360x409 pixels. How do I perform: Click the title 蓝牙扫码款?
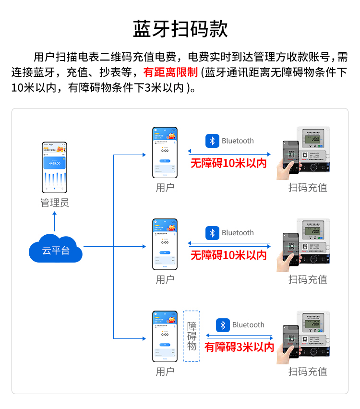pyautogui.click(x=180, y=29)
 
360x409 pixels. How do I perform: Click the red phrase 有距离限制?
pyautogui.click(x=170, y=72)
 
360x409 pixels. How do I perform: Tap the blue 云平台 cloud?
pyautogui.click(x=55, y=249)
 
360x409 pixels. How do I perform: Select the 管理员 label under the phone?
pyautogui.click(x=55, y=203)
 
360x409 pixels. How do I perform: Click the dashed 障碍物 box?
pyautogui.click(x=192, y=336)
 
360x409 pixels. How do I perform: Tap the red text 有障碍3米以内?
pyautogui.click(x=239, y=347)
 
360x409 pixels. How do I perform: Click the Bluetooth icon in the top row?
pyautogui.click(x=212, y=141)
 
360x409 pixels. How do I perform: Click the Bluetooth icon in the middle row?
pyautogui.click(x=212, y=233)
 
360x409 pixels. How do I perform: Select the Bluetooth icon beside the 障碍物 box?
pyautogui.click(x=223, y=325)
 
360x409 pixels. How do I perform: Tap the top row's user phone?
pyautogui.click(x=165, y=152)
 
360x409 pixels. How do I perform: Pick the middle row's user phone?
pyautogui.click(x=165, y=244)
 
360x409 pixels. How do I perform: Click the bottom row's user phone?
pyautogui.click(x=165, y=337)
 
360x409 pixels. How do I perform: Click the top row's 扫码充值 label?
pyautogui.click(x=308, y=187)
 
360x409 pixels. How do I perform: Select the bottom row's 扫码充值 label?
pyautogui.click(x=308, y=372)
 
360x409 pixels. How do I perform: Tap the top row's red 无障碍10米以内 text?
pyautogui.click(x=228, y=163)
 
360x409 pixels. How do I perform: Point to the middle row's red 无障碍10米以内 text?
pyautogui.click(x=228, y=255)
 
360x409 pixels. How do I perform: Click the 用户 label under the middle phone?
pyautogui.click(x=165, y=279)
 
